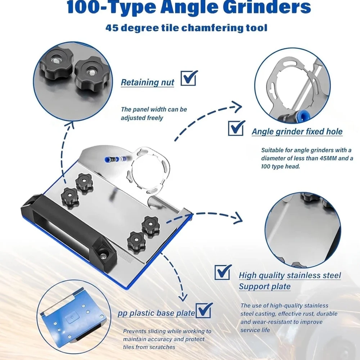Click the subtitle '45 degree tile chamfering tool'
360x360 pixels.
[x=186, y=28]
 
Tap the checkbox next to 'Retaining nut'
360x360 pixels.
[x=189, y=78]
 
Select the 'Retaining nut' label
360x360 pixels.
[x=147, y=82]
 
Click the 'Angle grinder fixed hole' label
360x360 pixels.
[x=297, y=132]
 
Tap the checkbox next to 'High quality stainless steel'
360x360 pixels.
[x=223, y=272]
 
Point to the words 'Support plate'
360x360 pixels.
[x=265, y=287]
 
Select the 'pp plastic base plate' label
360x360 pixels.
[x=156, y=313]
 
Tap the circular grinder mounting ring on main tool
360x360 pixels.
[x=148, y=165]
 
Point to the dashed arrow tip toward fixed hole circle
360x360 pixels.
[x=238, y=106]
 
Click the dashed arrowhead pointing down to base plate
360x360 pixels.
[x=183, y=297]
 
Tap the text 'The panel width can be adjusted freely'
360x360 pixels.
[x=154, y=113]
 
